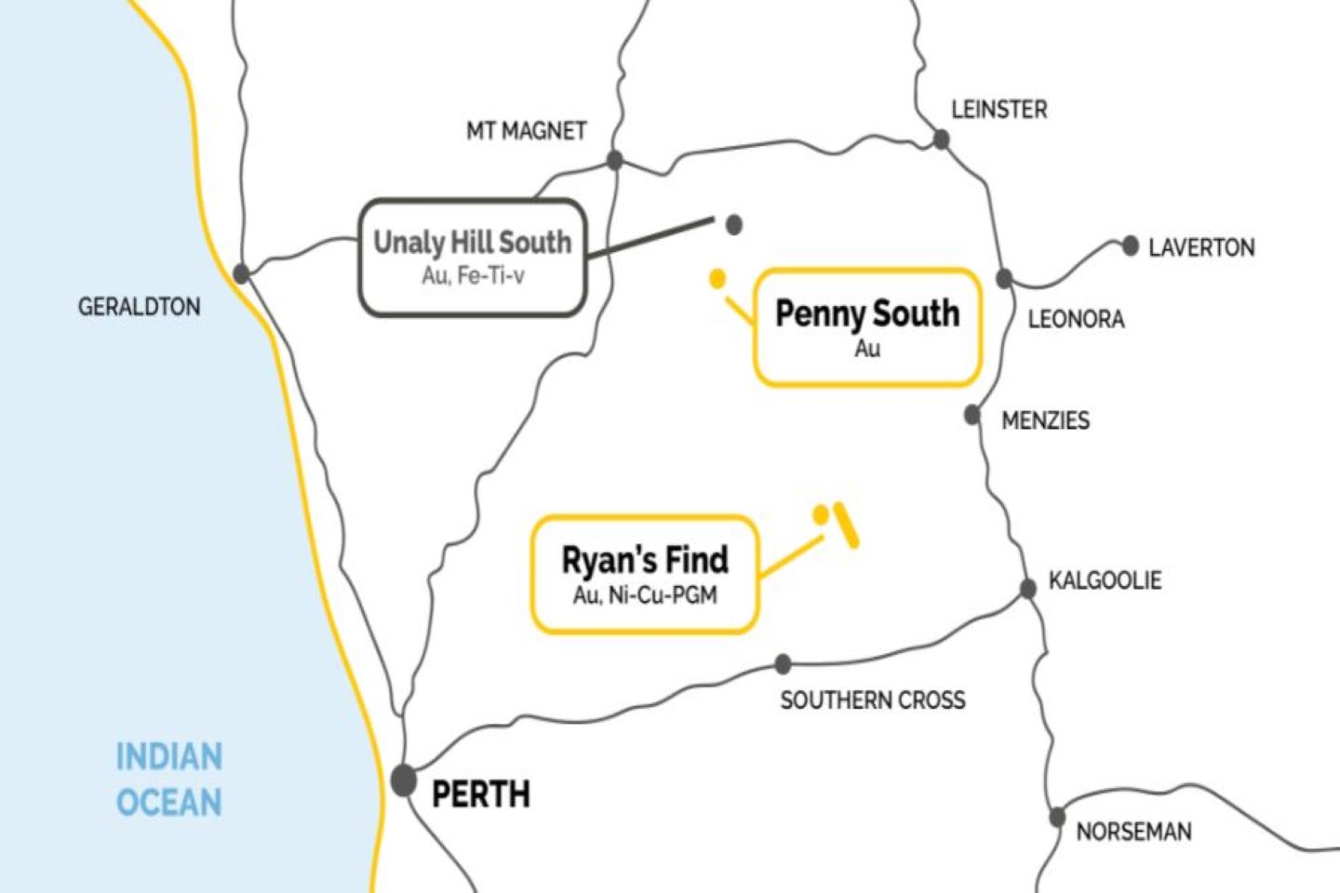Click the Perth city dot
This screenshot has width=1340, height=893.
(403, 780)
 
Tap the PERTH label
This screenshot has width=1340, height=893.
(481, 794)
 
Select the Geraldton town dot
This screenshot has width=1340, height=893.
(241, 273)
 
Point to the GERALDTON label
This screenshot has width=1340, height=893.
(139, 307)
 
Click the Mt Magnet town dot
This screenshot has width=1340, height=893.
(614, 160)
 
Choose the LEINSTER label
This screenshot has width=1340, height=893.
(998, 110)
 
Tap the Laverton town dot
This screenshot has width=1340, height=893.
(1130, 246)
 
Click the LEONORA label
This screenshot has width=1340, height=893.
(1076, 320)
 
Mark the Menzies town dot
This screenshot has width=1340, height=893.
(972, 415)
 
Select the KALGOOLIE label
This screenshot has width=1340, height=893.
(1105, 580)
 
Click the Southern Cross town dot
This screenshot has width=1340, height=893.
(783, 664)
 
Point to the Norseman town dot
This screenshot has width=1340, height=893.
(1057, 818)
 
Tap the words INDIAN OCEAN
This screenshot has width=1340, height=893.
(169, 780)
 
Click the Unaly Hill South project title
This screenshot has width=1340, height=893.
(472, 243)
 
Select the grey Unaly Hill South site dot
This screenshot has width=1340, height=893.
(733, 224)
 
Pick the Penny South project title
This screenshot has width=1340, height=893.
(867, 313)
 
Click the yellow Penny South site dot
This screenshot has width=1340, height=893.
(717, 277)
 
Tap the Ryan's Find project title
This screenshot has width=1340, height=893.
(645, 560)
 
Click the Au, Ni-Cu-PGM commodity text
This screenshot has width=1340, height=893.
(645, 595)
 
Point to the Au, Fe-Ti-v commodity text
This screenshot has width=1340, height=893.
(473, 275)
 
